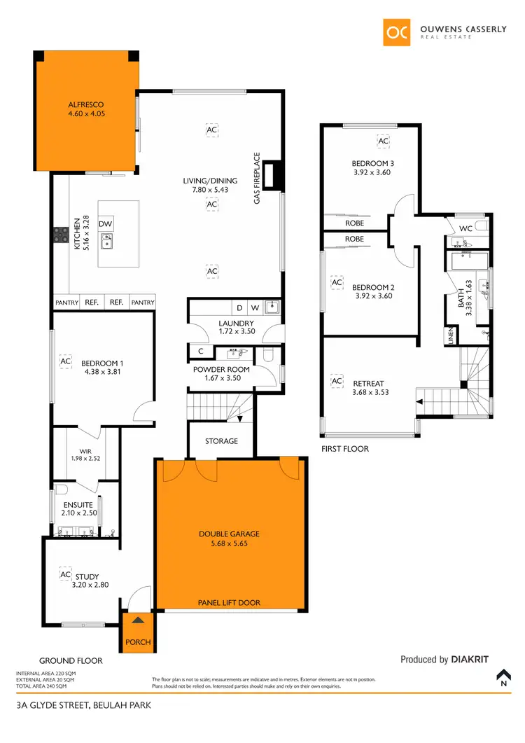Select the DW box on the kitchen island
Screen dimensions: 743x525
[106, 224]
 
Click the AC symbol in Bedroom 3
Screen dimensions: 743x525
[383, 141]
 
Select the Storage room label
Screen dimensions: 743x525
[222, 441]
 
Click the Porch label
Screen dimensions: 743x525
[138, 642]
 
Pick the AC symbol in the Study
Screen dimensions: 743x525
[66, 575]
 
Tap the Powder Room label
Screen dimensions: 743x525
[221, 370]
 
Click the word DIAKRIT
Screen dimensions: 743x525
[474, 659]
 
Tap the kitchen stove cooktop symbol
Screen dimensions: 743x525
[60, 236]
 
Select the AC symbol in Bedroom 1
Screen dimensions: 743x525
[66, 361]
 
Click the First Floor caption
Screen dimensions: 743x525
[344, 449]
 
